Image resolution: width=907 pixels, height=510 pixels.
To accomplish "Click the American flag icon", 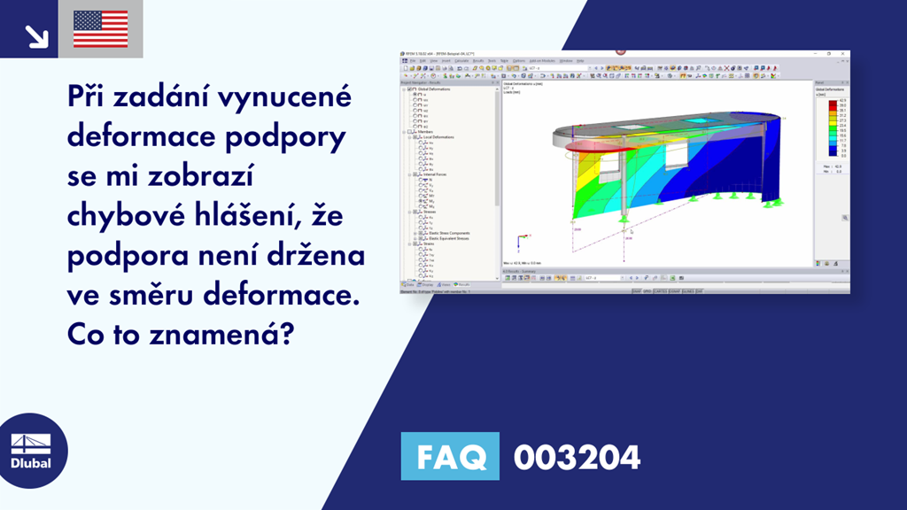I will click(x=101, y=28).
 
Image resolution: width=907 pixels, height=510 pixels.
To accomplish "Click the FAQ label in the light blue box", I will click(x=450, y=457).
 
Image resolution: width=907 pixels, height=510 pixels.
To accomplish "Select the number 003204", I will click(x=577, y=457).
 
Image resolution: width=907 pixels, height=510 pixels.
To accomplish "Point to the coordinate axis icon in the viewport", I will click(x=520, y=239).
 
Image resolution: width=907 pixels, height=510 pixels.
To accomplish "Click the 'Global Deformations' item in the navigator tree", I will click(x=431, y=89).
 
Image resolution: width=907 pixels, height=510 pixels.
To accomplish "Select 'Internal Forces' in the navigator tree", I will click(x=435, y=174).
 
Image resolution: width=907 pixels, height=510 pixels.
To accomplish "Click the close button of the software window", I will click(x=844, y=54).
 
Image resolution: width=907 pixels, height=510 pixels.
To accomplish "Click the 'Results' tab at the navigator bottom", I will click(x=462, y=284).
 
